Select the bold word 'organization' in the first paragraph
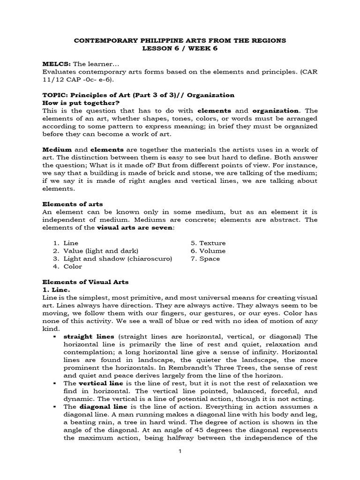[276, 111]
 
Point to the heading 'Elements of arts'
[73, 204]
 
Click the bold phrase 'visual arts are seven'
[135, 227]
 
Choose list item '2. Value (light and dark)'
[96, 251]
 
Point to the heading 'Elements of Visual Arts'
[85, 282]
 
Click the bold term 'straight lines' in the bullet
[82, 337]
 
